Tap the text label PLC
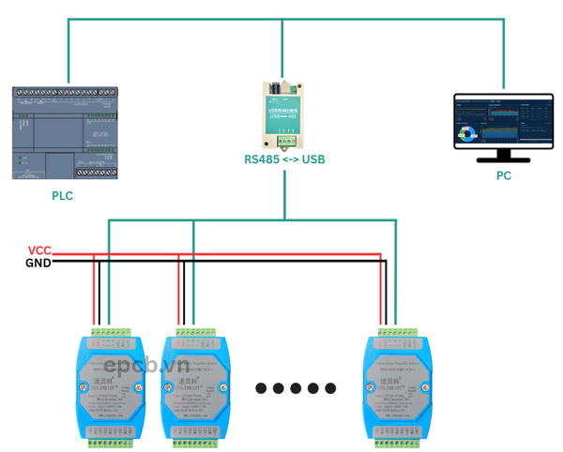(x=62, y=196)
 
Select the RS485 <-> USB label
(x=284, y=159)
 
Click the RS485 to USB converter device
(x=282, y=115)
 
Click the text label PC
(x=504, y=176)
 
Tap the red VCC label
(x=39, y=250)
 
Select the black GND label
(x=38, y=263)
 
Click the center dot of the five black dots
(x=296, y=387)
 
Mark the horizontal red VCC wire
(x=235, y=253)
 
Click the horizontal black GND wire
(x=235, y=263)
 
